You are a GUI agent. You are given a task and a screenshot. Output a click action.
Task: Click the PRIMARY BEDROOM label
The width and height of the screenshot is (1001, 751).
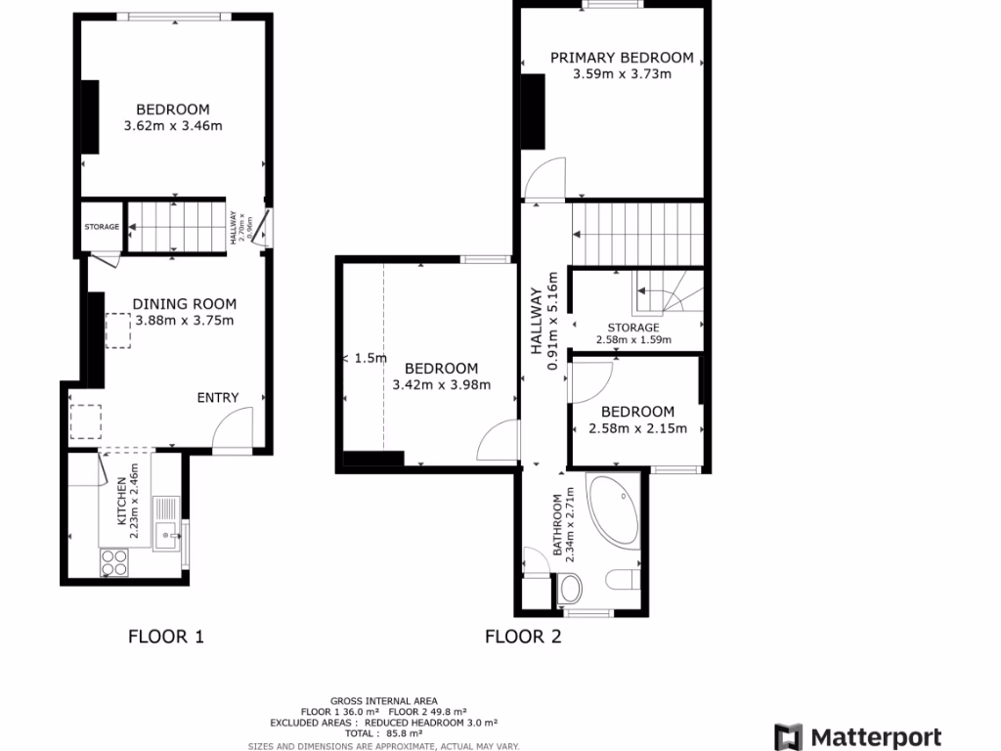click(x=622, y=58)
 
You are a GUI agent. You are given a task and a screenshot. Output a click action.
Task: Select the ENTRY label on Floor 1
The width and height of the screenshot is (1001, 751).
click(x=217, y=397)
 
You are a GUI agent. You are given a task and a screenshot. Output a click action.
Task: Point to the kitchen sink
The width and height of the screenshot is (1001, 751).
click(x=168, y=533)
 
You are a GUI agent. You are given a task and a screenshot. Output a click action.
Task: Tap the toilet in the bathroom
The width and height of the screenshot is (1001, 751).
click(x=569, y=589)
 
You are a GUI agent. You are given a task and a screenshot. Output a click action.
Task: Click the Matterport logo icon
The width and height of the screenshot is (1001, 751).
click(x=789, y=737)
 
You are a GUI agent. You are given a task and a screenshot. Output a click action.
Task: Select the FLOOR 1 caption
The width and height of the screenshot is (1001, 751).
click(x=166, y=637)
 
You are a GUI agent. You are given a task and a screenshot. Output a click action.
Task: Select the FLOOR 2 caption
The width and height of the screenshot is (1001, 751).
click(x=523, y=637)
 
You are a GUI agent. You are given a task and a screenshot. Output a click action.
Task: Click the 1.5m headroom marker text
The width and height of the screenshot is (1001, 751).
click(x=369, y=358)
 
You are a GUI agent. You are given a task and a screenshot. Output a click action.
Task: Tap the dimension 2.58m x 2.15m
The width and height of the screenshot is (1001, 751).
click(x=636, y=428)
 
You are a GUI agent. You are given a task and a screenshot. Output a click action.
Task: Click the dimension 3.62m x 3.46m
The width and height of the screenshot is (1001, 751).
click(x=173, y=126)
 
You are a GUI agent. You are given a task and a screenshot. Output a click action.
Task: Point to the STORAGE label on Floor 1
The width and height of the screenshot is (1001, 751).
click(x=102, y=227)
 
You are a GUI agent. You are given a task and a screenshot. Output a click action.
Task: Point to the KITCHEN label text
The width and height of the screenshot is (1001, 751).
click(x=121, y=502)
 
